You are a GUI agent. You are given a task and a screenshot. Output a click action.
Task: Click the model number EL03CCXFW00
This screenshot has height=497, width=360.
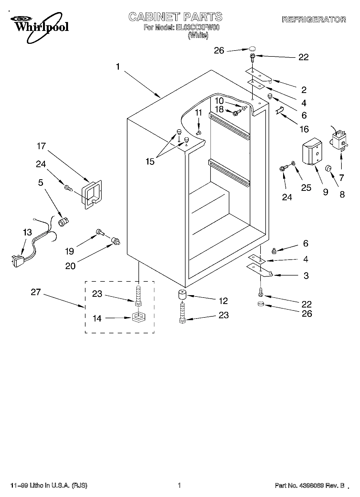198,27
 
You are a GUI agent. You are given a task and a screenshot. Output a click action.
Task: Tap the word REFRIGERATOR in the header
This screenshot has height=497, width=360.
314,20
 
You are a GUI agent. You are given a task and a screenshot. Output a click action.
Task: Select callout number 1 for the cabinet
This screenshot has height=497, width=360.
118,67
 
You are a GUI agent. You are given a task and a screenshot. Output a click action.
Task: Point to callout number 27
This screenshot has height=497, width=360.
35,292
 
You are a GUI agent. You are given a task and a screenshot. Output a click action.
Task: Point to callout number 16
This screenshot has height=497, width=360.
304,129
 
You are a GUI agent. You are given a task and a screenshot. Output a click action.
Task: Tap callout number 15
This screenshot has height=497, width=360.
150,162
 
